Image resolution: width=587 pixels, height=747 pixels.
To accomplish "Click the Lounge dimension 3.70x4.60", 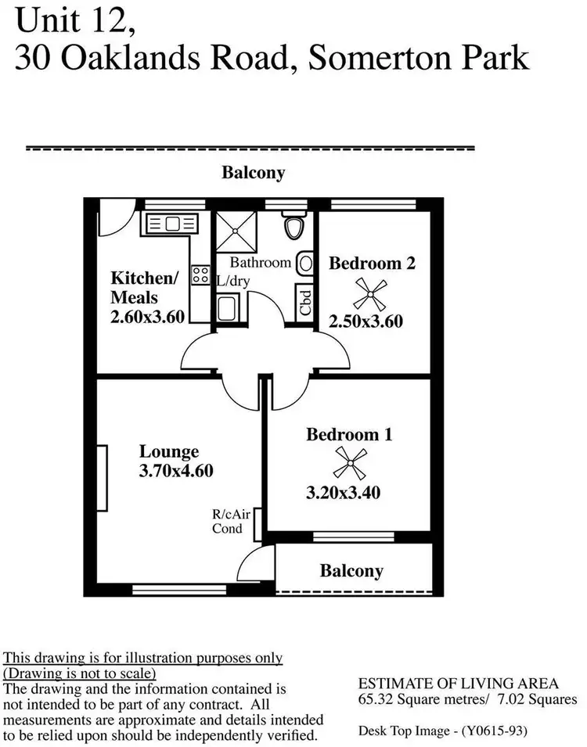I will pyautogui.click(x=176, y=471).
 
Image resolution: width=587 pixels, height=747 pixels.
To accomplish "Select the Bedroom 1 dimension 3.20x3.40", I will pyautogui.click(x=348, y=493).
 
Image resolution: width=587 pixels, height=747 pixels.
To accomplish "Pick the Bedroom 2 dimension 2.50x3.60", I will pyautogui.click(x=366, y=321).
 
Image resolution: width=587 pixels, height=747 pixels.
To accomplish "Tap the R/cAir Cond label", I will pyautogui.click(x=228, y=522).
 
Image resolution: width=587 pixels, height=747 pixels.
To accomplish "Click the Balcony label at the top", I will pyautogui.click(x=253, y=173).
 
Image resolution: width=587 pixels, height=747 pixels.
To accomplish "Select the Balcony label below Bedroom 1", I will pyautogui.click(x=352, y=571).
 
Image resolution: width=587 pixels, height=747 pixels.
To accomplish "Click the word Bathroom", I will pyautogui.click(x=260, y=263).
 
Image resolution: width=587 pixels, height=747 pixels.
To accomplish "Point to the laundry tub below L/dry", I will pyautogui.click(x=227, y=307).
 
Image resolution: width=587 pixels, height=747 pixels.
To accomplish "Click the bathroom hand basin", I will pyautogui.click(x=306, y=264).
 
